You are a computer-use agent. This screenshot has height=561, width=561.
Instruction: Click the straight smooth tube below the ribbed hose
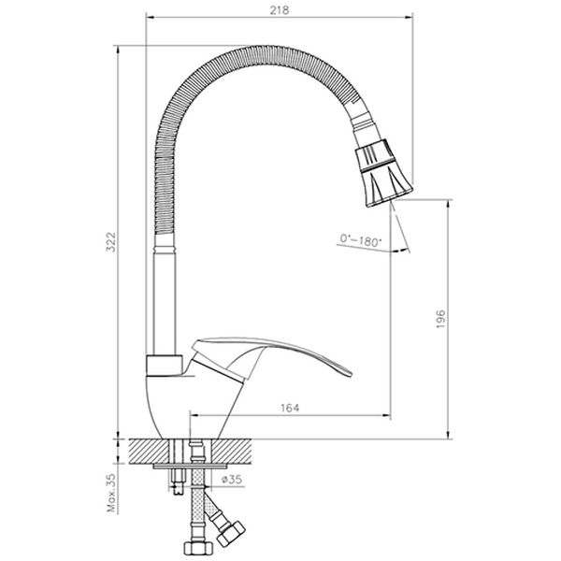[162, 299]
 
